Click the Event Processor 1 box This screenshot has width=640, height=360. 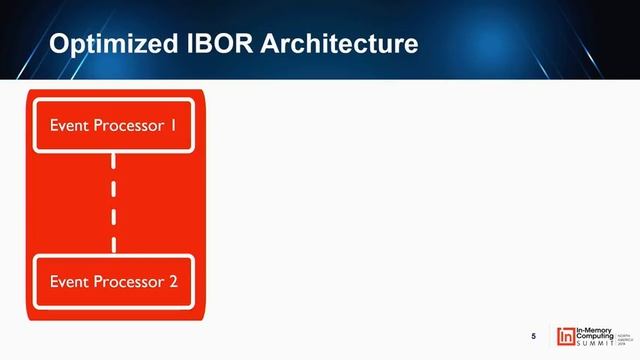[x=114, y=125]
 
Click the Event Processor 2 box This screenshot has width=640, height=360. [x=114, y=280]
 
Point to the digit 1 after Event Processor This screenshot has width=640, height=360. [x=173, y=125]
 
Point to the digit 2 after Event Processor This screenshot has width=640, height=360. [x=173, y=280]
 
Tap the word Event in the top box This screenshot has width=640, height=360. [x=68, y=125]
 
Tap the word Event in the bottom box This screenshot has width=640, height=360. [x=68, y=280]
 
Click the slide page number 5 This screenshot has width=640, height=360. [x=533, y=334]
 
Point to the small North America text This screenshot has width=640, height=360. [x=624, y=332]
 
